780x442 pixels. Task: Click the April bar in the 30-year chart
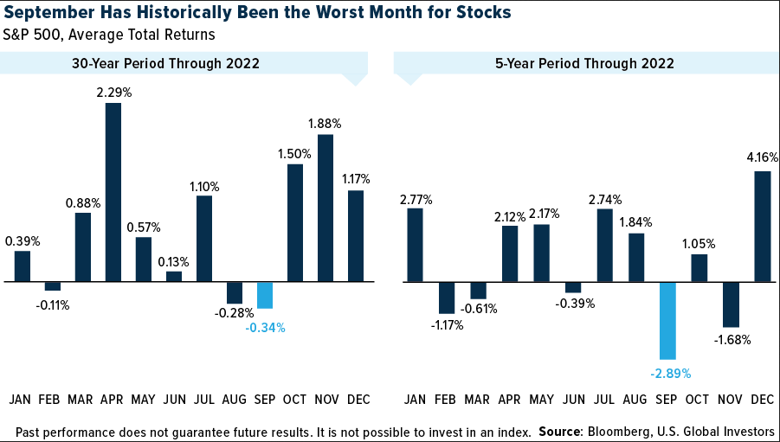[113, 192]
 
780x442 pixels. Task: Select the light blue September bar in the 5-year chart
[667, 320]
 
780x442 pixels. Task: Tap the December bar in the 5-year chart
[763, 227]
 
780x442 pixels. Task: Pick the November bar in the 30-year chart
[326, 208]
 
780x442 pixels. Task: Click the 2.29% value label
[113, 92]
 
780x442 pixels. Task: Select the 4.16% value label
[762, 159]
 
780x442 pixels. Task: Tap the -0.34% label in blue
[265, 328]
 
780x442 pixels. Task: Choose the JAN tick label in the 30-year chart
[21, 400]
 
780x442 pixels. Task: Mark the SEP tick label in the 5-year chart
[667, 400]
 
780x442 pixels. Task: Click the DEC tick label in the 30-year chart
[357, 400]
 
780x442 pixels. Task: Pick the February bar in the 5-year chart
[447, 298]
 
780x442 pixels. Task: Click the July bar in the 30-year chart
[204, 239]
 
